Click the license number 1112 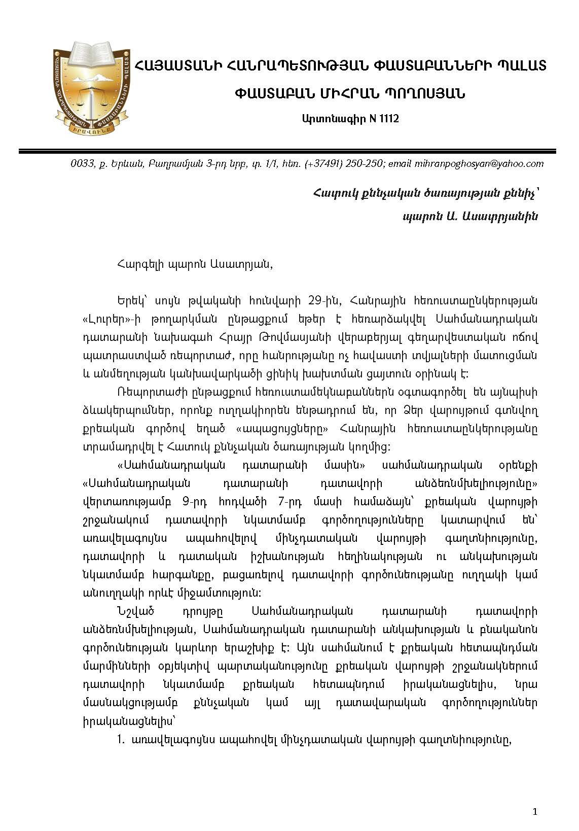pyautogui.click(x=388, y=119)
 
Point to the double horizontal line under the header pyautogui.click(x=289, y=151)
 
